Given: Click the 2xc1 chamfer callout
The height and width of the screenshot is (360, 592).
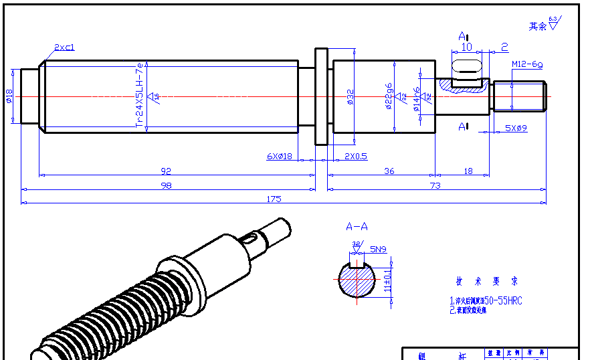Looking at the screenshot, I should [65, 48].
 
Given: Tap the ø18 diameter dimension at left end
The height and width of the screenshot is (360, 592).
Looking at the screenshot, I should [9, 96].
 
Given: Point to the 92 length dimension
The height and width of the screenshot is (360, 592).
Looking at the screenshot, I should [166, 171].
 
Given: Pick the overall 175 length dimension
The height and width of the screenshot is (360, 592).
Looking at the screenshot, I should [274, 199].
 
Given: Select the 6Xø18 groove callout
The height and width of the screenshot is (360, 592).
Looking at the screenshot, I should [280, 156].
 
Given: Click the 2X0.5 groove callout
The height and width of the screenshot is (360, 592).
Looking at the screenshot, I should [355, 156].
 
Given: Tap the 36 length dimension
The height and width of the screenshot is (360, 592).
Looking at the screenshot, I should [389, 171].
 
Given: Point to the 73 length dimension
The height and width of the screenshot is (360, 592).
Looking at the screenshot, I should [435, 185].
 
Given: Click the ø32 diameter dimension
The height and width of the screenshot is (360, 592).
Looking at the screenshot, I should [350, 97].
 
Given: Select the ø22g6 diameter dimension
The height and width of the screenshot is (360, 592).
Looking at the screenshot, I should [389, 97].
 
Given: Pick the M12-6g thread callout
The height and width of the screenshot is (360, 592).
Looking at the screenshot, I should [527, 64].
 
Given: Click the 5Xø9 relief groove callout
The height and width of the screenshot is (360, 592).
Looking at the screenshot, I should [516, 128].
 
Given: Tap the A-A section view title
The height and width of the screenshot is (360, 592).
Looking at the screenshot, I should [357, 227].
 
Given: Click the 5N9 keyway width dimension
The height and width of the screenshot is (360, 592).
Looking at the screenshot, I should [378, 249].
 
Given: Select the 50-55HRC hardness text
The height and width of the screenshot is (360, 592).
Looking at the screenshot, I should [503, 301].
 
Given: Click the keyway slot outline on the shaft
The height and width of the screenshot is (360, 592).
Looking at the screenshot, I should [468, 66].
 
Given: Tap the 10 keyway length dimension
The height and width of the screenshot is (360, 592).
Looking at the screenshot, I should [467, 47].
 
